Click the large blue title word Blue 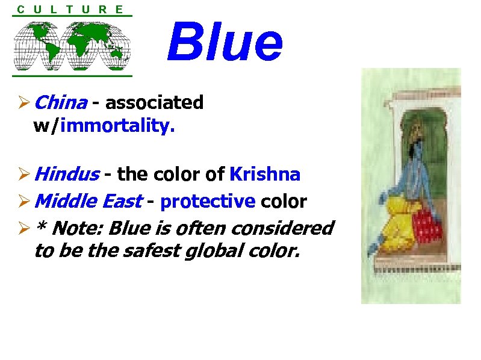click(x=225, y=42)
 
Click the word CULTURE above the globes click(x=71, y=9)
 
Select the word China click(x=61, y=103)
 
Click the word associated click(x=154, y=103)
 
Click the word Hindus click(x=67, y=175)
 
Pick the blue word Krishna click(x=265, y=175)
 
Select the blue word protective click(x=208, y=201)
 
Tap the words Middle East click(x=88, y=201)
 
